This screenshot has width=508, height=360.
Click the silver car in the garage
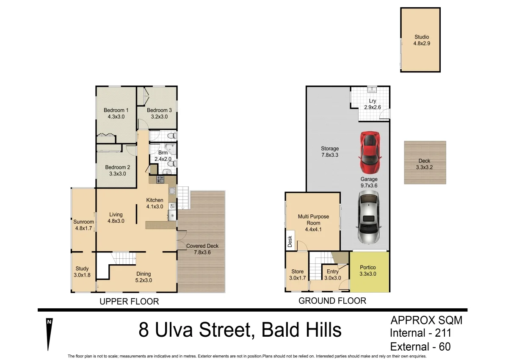(x=369, y=217)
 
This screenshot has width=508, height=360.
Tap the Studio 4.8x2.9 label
(x=421, y=40)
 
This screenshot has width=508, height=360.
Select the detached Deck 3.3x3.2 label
(x=424, y=164)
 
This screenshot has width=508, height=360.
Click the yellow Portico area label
(x=367, y=271)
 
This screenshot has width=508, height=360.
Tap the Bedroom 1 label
(x=116, y=114)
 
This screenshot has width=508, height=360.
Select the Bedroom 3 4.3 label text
(x=159, y=114)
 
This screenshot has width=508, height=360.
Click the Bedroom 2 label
(x=117, y=170)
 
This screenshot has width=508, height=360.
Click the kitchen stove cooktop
(x=160, y=180)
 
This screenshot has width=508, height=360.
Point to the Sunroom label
(x=83, y=225)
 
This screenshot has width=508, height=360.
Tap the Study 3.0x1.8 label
(x=82, y=272)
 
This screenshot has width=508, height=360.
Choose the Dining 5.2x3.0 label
(x=144, y=277)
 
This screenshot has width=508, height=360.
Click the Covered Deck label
(x=202, y=249)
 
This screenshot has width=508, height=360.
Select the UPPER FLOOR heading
(x=129, y=302)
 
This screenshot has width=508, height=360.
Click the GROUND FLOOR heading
(x=332, y=301)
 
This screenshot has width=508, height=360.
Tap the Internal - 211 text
(x=420, y=333)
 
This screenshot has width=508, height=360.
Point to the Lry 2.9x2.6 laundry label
(x=373, y=104)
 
